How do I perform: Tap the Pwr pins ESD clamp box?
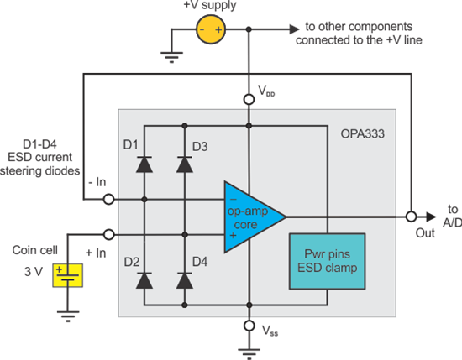click(x=323, y=263)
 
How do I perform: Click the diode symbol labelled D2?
click(x=144, y=274)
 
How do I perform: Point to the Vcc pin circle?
click(x=249, y=100)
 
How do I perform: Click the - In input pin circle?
click(x=108, y=200)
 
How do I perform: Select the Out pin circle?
click(x=411, y=216)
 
